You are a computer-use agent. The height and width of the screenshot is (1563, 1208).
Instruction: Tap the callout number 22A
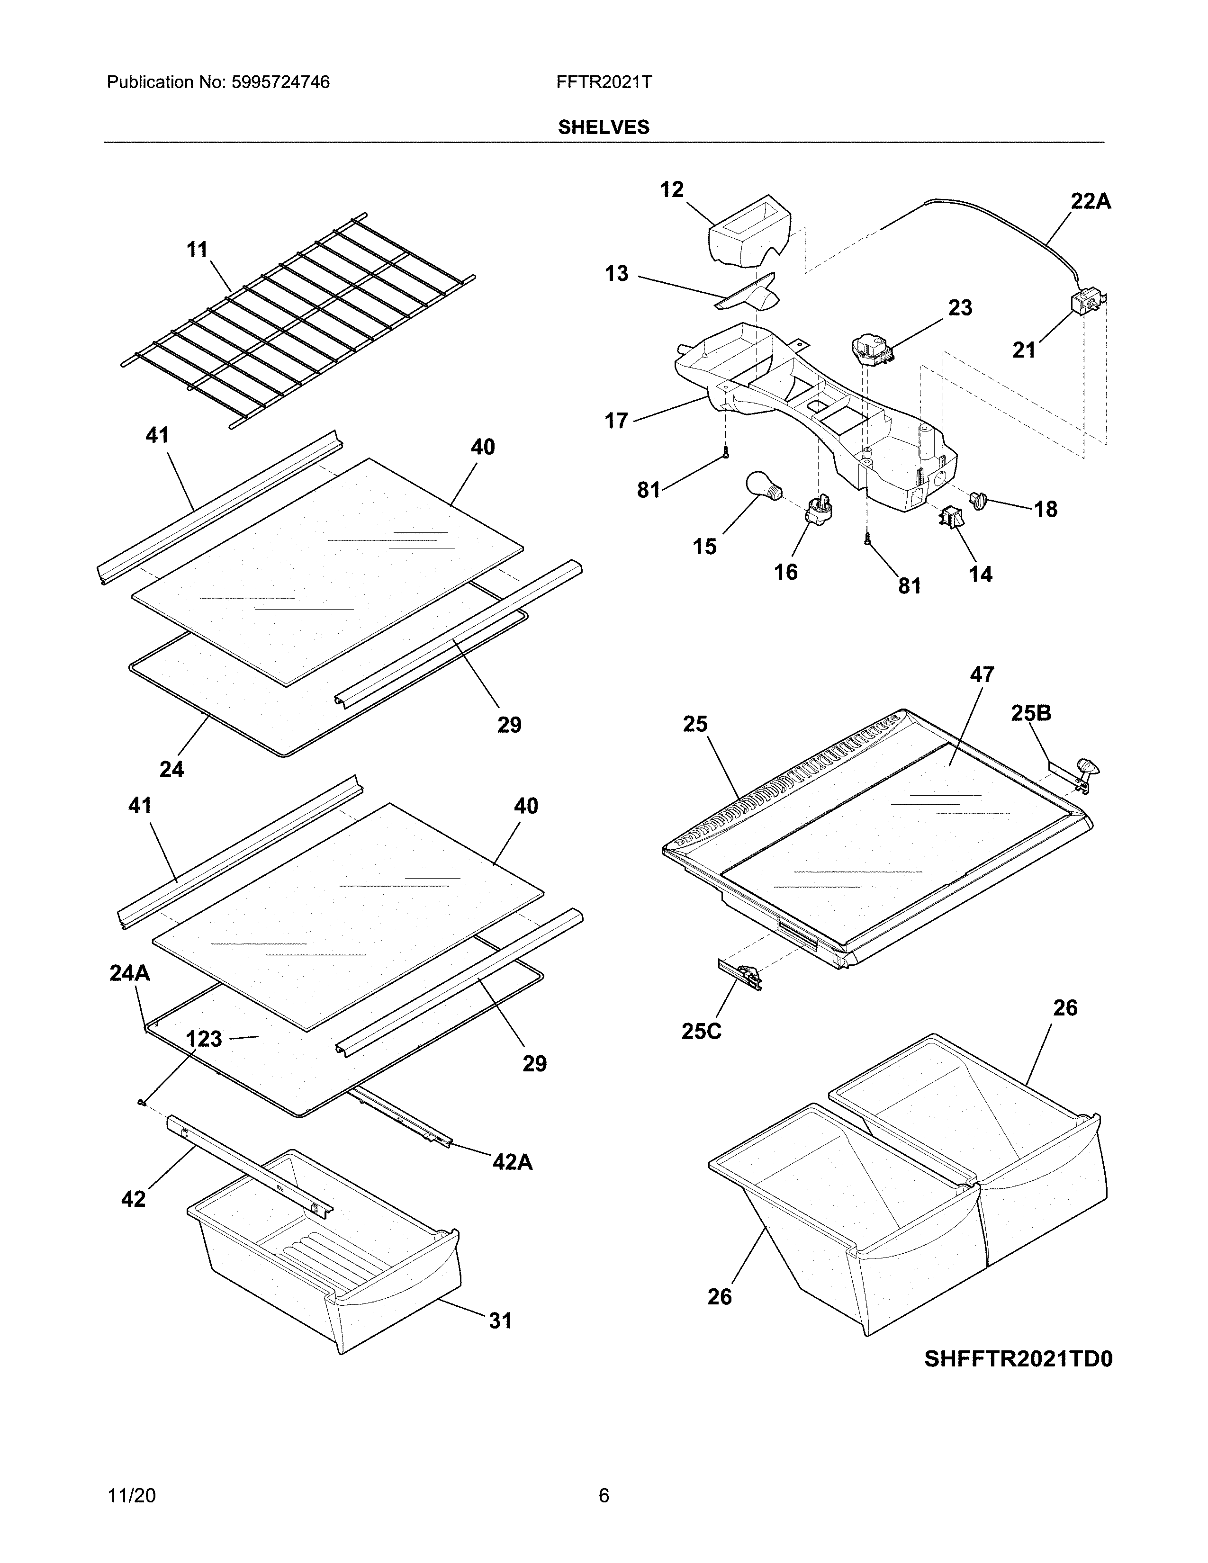tap(1091, 202)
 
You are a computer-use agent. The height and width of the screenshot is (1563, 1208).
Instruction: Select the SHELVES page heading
tap(603, 127)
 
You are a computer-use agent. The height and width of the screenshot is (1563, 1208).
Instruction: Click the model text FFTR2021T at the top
tap(603, 82)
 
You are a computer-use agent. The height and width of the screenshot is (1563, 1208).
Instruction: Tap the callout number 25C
tap(701, 1031)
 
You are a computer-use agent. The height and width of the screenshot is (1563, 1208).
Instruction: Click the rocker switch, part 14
tap(950, 516)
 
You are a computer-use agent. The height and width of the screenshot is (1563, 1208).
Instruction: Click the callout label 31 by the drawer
tap(500, 1320)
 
